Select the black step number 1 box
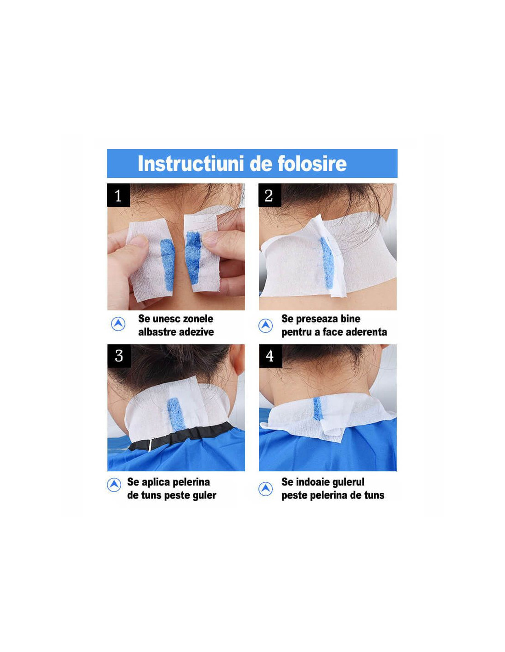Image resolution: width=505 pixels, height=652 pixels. (x=118, y=195)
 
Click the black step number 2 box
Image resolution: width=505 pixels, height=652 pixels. (x=270, y=195)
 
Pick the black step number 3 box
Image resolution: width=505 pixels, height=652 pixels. (x=119, y=356)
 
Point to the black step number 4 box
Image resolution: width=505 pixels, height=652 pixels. (x=270, y=356)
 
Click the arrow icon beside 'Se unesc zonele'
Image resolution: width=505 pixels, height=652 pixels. (x=118, y=324)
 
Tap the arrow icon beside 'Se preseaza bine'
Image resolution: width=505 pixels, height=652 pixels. (x=265, y=326)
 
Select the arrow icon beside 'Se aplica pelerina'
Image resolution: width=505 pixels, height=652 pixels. (x=114, y=485)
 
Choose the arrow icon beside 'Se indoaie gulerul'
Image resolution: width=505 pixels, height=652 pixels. (x=265, y=489)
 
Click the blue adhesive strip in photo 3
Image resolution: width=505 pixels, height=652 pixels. (x=176, y=414)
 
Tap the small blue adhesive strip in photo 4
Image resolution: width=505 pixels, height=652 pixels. (x=318, y=408)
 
